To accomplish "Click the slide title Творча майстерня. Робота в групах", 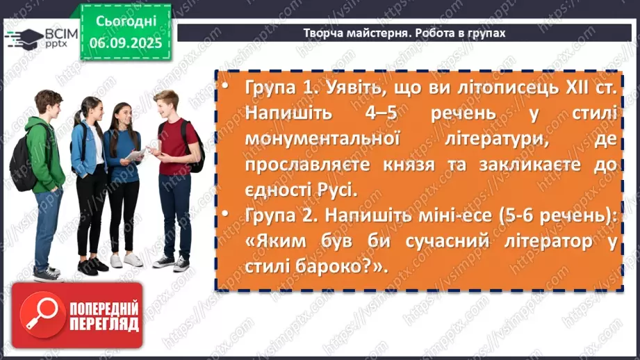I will click(x=404, y=33).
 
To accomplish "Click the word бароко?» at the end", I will click(x=343, y=267).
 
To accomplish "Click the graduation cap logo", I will click(x=26, y=36).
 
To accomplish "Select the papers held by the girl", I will click(x=137, y=154).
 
